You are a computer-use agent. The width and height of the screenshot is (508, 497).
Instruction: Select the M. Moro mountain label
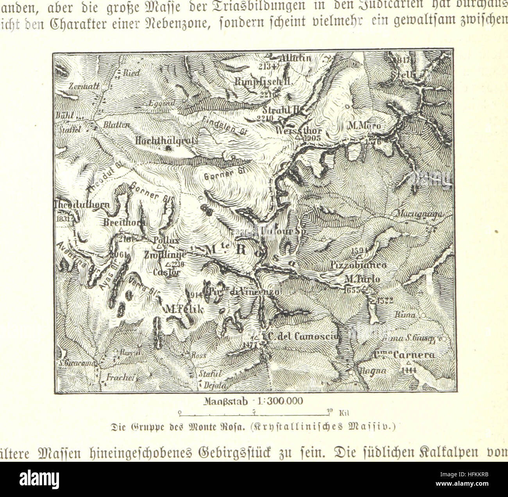point(363,126)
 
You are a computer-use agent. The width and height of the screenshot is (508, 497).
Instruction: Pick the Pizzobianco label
point(358,265)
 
